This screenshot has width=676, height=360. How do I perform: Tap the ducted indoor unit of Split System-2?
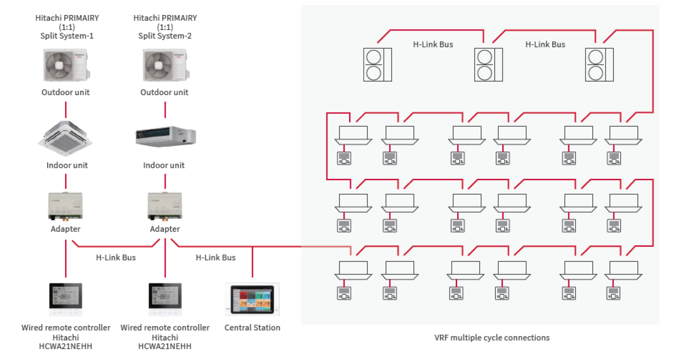(165, 136)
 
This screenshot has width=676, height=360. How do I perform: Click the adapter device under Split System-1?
(66, 206)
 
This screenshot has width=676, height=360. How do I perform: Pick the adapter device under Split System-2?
(165, 206)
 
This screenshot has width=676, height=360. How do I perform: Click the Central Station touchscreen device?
(252, 300)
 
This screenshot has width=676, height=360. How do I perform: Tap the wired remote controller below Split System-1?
(66, 299)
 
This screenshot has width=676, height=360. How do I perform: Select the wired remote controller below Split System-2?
(165, 299)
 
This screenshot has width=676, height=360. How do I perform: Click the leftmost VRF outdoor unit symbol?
(377, 65)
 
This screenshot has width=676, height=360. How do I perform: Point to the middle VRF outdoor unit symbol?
(488, 65)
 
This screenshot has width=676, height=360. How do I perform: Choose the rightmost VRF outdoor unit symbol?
(599, 65)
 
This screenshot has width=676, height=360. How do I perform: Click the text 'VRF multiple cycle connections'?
(492, 337)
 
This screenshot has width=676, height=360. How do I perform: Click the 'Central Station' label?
(252, 328)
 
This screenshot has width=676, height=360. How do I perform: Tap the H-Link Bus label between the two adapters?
(116, 258)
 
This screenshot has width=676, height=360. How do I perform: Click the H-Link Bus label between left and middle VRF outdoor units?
(433, 44)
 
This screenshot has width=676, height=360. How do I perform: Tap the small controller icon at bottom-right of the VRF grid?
(613, 292)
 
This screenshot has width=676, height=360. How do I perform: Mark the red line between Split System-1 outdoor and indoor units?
(66, 110)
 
